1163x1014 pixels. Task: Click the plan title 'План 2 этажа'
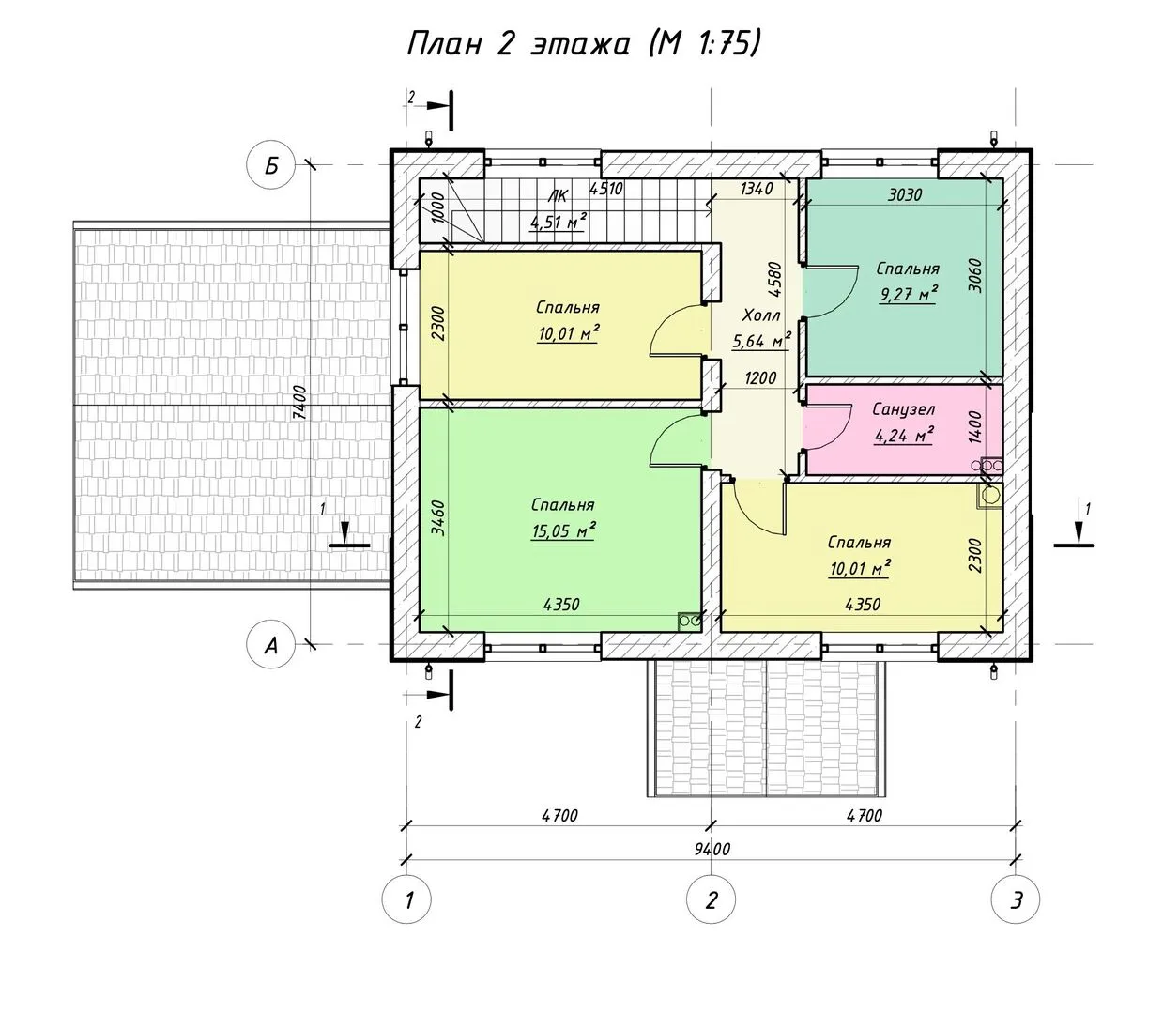[518, 44]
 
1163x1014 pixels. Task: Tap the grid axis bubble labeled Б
[270, 166]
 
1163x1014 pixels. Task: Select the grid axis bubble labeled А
[270, 644]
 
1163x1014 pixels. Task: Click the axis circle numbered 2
[712, 899]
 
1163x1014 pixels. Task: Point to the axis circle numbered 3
[1016, 899]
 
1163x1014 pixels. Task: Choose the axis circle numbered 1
[406, 899]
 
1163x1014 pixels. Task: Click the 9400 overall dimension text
[712, 849]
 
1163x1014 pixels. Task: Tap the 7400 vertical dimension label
[299, 403]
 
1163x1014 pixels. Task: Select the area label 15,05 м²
[563, 531]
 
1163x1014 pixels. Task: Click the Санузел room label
[903, 409]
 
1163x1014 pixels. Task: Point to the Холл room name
[761, 315]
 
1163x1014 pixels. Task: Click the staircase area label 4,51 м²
[559, 221]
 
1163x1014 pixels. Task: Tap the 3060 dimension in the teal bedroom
[975, 276]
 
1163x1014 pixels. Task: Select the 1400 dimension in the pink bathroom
[975, 427]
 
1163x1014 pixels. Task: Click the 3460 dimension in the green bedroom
[437, 518]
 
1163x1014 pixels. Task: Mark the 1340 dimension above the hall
[756, 189]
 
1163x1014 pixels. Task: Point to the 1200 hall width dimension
[760, 378]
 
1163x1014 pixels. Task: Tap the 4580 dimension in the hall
[774, 280]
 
